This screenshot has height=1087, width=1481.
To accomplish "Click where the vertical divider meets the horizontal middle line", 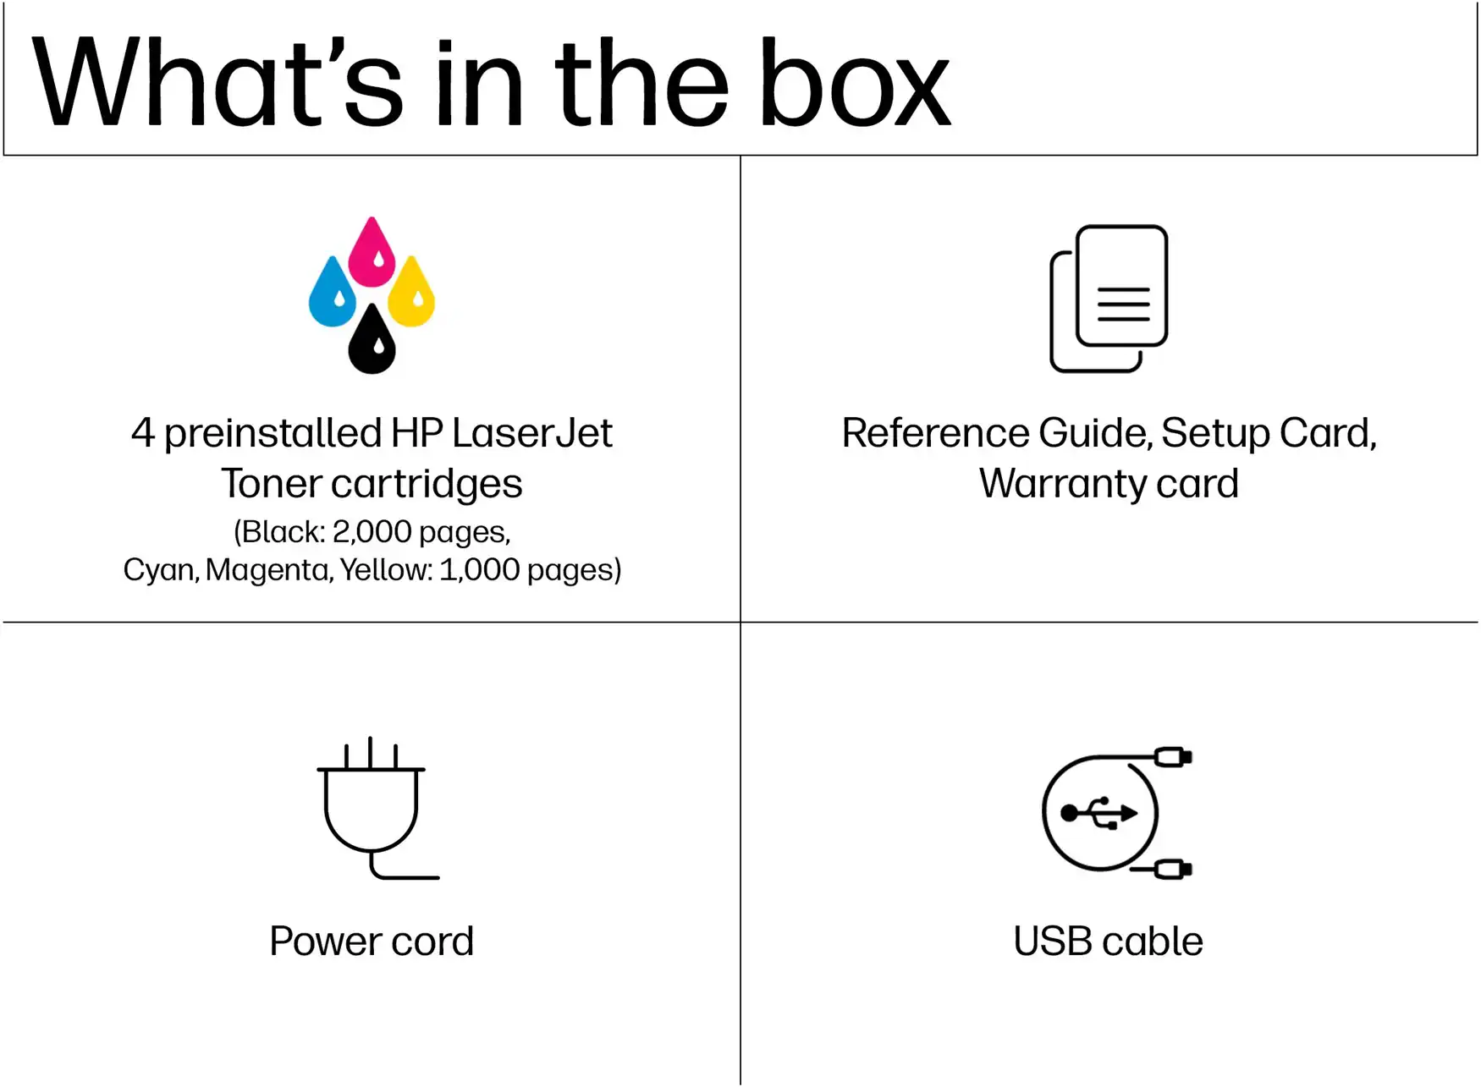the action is (740, 622).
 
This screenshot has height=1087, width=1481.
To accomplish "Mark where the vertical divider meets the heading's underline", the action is (740, 155).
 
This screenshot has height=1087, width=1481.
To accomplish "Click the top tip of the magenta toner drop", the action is (372, 217).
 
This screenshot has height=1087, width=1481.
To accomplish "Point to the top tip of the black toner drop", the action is (372, 305).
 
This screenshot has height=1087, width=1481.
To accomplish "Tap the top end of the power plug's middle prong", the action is (371, 738).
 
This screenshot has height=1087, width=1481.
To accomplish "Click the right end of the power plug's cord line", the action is (438, 877).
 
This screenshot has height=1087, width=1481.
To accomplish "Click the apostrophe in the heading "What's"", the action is (339, 51).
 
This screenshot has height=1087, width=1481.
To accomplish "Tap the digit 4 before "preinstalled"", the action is (143, 433).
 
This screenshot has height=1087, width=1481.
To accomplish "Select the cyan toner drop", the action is (332, 291).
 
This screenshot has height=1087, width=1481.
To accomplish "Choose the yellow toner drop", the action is (411, 291).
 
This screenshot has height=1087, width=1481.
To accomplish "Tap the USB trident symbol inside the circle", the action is (1099, 813).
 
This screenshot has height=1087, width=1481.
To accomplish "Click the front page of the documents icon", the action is (1122, 285).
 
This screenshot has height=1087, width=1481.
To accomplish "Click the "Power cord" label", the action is (372, 942).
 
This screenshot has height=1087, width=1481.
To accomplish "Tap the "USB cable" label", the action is (1108, 942).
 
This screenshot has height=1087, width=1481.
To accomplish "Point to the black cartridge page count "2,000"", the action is (372, 531).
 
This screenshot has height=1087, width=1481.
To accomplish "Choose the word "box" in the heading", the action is (855, 85).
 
